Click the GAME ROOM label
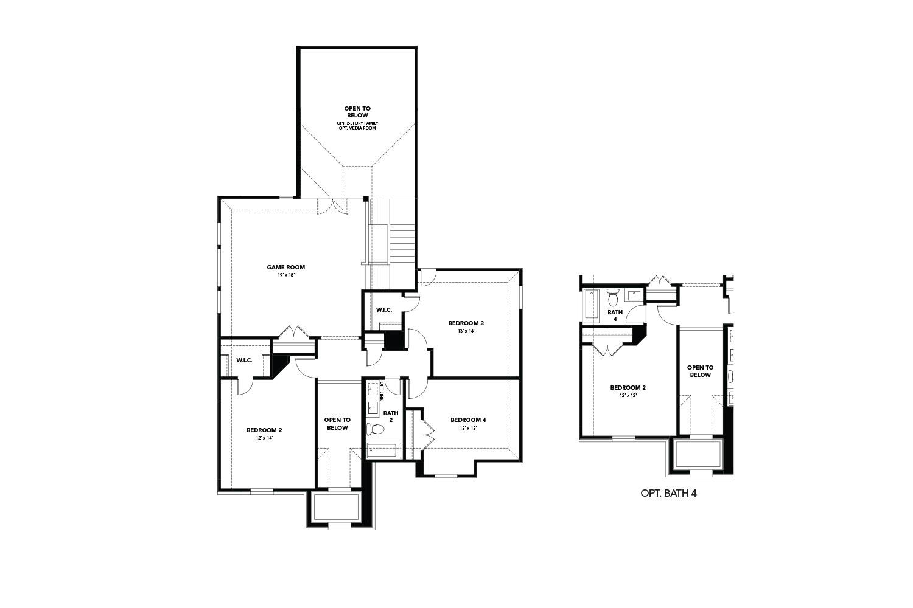click(285, 267)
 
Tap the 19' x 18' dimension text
click(285, 275)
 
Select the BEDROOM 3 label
click(466, 323)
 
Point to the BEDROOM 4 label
click(468, 420)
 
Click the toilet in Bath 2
click(376, 429)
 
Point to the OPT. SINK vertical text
click(382, 391)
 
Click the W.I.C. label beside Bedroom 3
click(384, 310)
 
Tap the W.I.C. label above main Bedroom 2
click(244, 361)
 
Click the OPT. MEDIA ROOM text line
click(357, 128)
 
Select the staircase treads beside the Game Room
click(402, 243)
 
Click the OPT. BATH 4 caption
click(668, 493)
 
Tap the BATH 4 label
click(615, 316)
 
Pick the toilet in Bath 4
click(613, 298)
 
